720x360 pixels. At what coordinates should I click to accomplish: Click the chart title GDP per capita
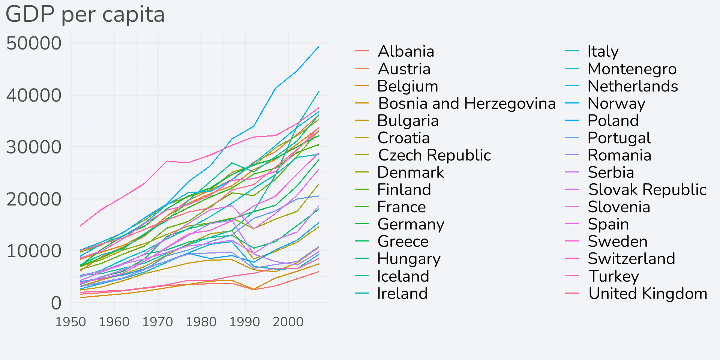(x=85, y=15)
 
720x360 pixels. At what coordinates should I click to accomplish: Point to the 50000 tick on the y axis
(x=34, y=43)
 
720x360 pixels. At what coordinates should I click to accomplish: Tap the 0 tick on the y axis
(x=56, y=303)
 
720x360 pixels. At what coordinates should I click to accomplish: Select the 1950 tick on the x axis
(x=71, y=322)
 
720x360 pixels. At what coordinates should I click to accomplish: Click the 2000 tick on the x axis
(x=288, y=322)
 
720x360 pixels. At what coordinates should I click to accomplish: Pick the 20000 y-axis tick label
(x=34, y=199)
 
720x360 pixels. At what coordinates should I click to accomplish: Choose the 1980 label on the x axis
(x=201, y=322)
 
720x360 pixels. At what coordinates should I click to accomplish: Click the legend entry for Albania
(x=406, y=51)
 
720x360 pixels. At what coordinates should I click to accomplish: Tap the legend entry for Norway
(x=616, y=103)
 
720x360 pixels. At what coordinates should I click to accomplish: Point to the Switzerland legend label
(x=631, y=259)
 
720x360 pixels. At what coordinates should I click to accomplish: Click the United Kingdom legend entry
(x=648, y=294)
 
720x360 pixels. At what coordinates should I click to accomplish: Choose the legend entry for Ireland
(x=402, y=294)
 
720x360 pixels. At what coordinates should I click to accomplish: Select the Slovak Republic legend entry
(x=648, y=190)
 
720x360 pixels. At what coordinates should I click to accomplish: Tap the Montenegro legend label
(x=632, y=69)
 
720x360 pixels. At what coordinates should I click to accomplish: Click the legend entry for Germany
(x=411, y=224)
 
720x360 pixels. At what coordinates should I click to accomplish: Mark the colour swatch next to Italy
(x=572, y=51)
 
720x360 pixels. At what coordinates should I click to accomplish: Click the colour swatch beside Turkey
(x=572, y=276)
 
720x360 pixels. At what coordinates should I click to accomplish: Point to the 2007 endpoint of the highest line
(x=319, y=46)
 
